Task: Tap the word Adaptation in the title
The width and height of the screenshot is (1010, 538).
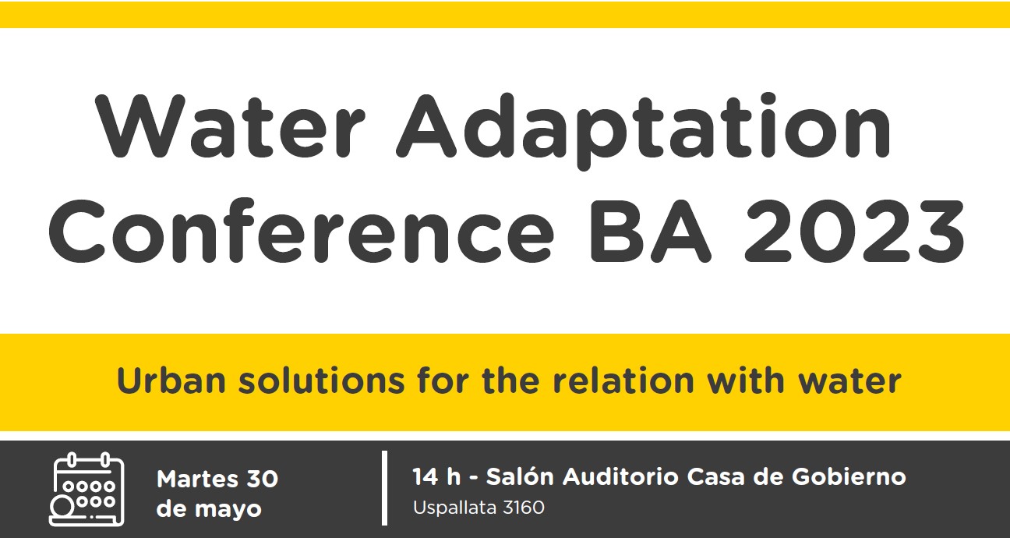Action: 644,132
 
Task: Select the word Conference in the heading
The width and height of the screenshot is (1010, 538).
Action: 301,231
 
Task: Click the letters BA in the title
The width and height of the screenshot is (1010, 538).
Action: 651,231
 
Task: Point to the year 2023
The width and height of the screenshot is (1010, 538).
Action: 854,231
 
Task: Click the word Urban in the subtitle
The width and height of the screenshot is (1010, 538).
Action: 171,381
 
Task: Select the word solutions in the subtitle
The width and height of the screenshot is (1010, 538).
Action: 321,381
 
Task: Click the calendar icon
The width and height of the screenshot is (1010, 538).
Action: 87,490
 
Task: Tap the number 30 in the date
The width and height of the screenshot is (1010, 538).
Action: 263,479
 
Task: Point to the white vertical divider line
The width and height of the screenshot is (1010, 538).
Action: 384,488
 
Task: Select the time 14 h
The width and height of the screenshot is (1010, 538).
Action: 436,477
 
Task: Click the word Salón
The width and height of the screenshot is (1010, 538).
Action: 520,476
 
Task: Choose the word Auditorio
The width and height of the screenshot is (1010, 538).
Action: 620,477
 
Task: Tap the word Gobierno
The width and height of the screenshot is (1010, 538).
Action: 849,477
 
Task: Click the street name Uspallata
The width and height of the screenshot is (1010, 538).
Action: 454,508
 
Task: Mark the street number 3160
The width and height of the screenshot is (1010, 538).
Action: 524,508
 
